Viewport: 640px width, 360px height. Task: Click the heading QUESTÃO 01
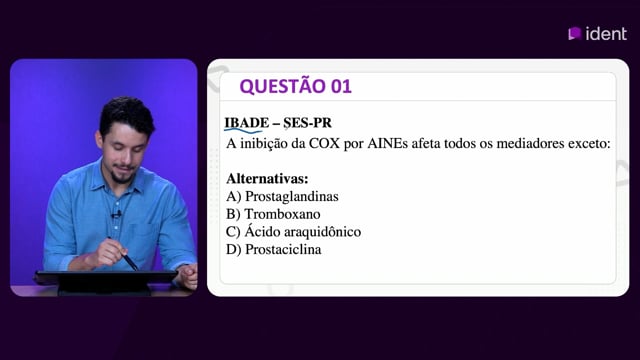coord(296,86)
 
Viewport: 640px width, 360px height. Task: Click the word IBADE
coord(247,122)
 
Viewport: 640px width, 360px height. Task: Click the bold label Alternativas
coord(267,178)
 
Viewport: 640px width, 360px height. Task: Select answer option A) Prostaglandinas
coord(282,196)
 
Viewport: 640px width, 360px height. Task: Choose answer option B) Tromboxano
coord(273,214)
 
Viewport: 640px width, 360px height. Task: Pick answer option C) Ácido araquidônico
coord(293,231)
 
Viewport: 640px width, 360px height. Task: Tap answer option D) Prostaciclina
coord(273,249)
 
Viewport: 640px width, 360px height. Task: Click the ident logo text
coord(606,33)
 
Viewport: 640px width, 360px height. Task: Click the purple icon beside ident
coord(574,33)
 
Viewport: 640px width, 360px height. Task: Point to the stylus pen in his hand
coord(123,254)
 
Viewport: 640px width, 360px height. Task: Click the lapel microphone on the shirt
coord(117,213)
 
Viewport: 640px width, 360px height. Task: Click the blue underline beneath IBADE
coord(243,131)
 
